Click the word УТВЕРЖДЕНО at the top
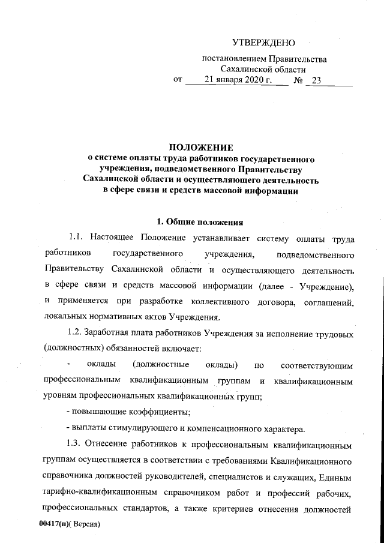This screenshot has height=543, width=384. pos(264,43)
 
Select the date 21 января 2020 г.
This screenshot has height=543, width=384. pos(238,79)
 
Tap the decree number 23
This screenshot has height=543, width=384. pos(317,79)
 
